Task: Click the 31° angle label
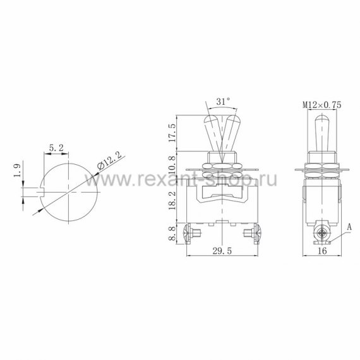pyautogui.click(x=223, y=101)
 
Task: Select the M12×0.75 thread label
pyautogui.click(x=322, y=105)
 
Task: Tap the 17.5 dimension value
pyautogui.click(x=172, y=133)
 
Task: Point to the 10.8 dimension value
pyautogui.click(x=172, y=165)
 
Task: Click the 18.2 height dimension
pyautogui.click(x=172, y=200)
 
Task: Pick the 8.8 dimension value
pyautogui.click(x=172, y=233)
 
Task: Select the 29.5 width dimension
pyautogui.click(x=222, y=251)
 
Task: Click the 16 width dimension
pyautogui.click(x=322, y=251)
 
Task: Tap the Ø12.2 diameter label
pyautogui.click(x=109, y=161)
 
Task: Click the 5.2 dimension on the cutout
pyautogui.click(x=56, y=148)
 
